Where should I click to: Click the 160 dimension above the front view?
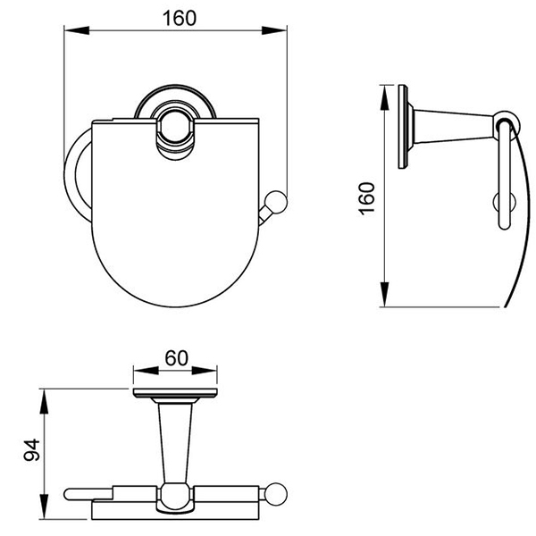[180, 19]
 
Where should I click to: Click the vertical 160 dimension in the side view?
[367, 198]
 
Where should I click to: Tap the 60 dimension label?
[176, 358]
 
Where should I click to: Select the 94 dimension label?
[32, 450]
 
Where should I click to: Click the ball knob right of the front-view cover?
[277, 203]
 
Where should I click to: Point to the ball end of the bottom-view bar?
[277, 494]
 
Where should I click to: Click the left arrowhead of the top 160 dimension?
[77, 30]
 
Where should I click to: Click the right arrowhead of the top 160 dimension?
[274, 30]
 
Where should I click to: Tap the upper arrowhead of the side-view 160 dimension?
[385, 97]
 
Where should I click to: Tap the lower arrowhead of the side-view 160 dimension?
[385, 294]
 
